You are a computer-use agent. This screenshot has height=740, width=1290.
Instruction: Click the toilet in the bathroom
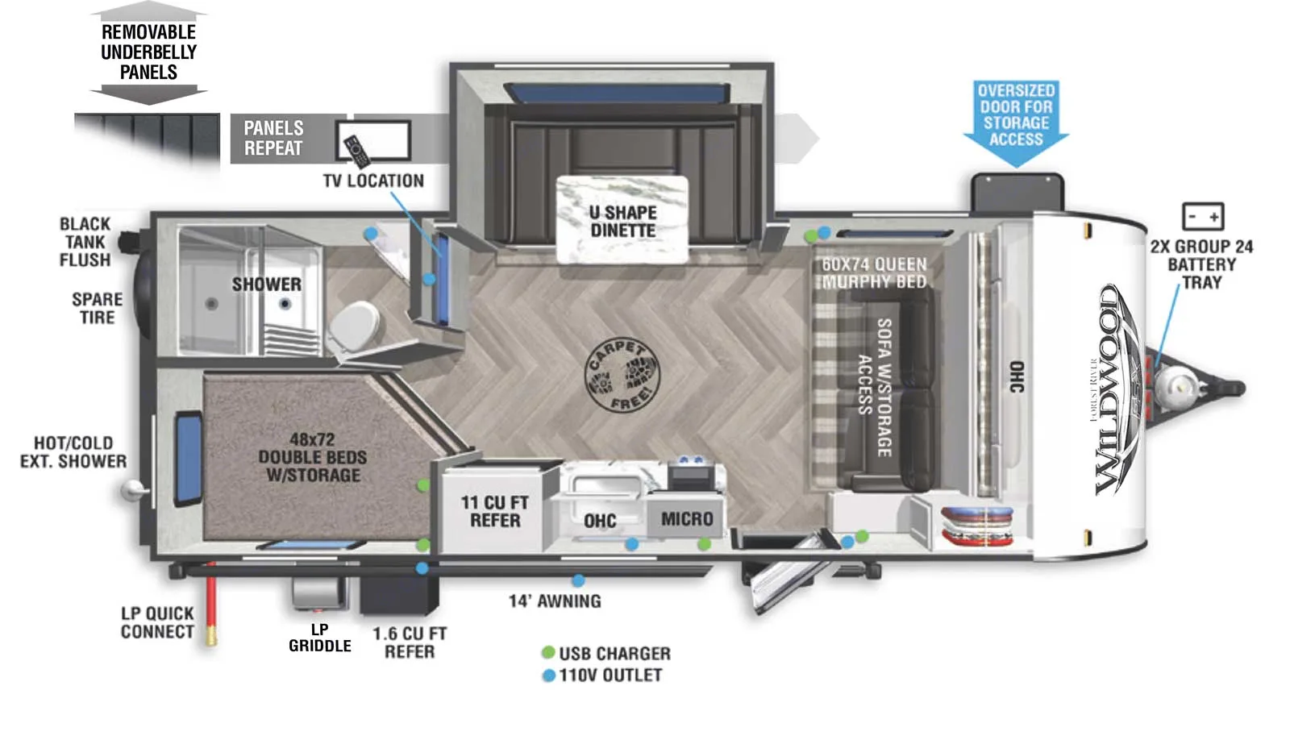352,326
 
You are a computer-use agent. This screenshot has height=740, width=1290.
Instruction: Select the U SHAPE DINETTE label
622,221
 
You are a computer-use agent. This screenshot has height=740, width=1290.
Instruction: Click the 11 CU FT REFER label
494,511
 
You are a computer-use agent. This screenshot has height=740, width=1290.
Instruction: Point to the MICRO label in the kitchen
687,518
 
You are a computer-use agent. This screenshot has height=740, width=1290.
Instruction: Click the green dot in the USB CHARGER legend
548,652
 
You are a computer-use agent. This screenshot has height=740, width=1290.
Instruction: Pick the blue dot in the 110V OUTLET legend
548,675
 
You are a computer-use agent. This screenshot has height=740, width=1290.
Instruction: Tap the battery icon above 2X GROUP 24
1202,216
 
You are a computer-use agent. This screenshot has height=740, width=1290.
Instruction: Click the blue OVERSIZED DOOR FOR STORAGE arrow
1016,121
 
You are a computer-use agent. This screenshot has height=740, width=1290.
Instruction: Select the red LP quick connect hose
211,604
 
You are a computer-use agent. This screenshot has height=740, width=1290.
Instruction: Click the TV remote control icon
356,151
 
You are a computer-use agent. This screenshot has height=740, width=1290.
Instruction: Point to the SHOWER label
266,284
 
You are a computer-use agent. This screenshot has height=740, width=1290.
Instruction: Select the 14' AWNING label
555,601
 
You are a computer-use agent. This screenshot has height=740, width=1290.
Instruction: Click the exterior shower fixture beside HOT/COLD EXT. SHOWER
132,489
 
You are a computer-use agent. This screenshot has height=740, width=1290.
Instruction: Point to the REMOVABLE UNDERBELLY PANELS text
148,52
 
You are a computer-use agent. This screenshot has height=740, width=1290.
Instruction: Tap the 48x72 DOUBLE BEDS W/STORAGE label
312,457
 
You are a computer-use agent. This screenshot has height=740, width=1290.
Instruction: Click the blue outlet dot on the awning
578,580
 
